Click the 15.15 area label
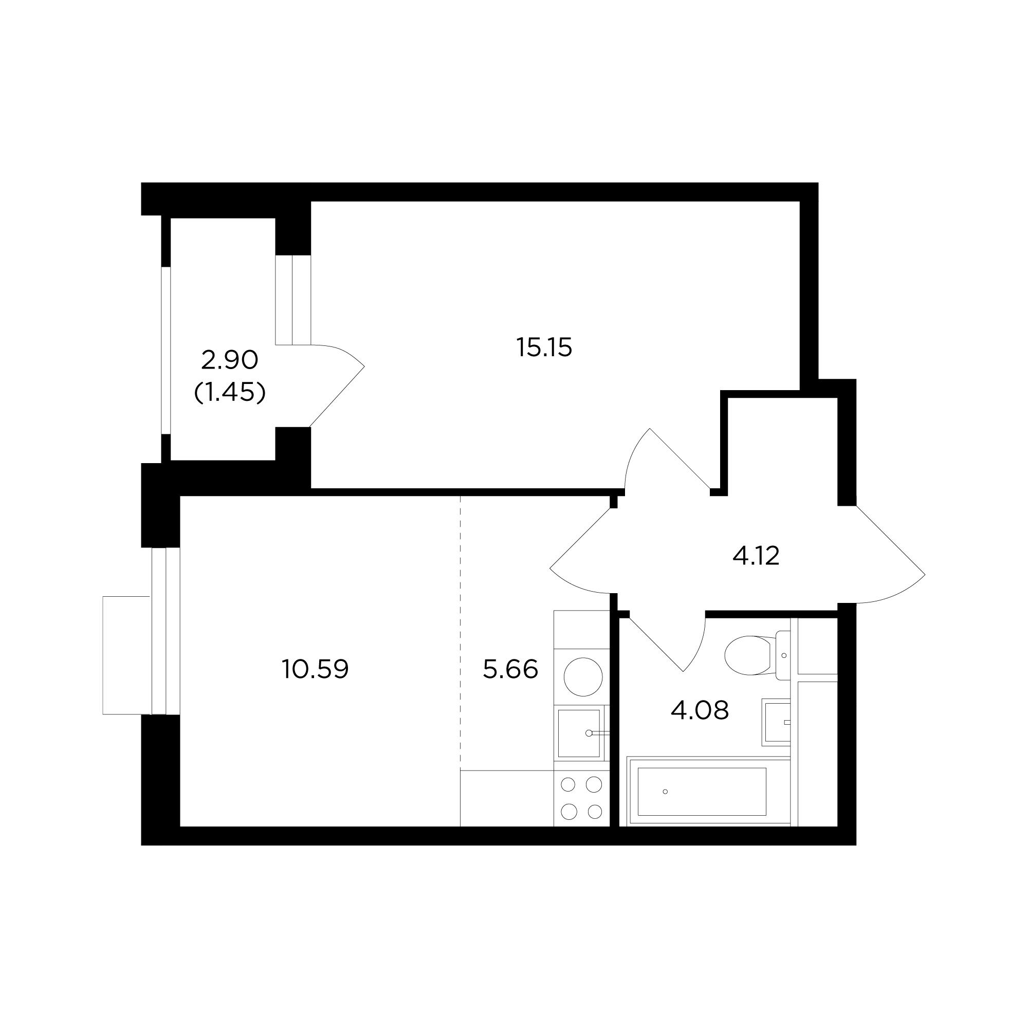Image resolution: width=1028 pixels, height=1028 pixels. [x=544, y=348]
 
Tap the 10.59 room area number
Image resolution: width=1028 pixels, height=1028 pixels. [x=315, y=669]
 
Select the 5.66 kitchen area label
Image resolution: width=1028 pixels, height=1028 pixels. [x=510, y=669]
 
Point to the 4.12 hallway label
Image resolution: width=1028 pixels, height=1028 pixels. [x=756, y=557]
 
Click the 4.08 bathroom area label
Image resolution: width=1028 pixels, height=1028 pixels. [x=699, y=710]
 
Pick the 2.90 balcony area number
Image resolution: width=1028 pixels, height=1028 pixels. [x=229, y=361]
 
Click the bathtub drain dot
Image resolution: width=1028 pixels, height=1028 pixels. [x=665, y=792]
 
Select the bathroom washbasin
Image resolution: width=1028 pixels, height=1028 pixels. [x=776, y=722]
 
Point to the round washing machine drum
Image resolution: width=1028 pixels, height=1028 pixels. [x=583, y=677]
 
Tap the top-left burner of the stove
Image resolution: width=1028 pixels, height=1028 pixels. [x=569, y=784]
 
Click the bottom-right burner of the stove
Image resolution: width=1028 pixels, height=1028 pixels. [x=594, y=812]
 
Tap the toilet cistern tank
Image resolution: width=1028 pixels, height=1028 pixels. [x=783, y=655]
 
